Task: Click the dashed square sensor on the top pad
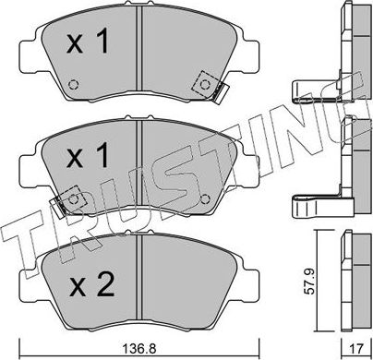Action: click(x=202, y=85)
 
